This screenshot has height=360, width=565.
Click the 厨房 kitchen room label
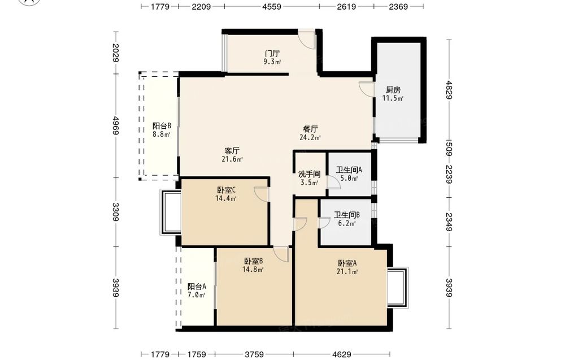click(x=393, y=90)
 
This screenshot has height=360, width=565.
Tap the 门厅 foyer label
click(x=272, y=54)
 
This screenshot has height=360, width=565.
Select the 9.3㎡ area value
click(x=272, y=62)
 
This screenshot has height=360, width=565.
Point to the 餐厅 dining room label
click(x=310, y=129)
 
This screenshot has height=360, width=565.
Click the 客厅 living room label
click(x=232, y=151)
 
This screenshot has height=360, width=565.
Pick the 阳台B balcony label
click(x=162, y=126)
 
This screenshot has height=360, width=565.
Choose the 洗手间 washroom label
click(x=310, y=175)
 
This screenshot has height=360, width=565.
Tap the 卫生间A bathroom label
click(x=349, y=170)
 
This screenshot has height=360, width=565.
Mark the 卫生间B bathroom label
click(x=347, y=215)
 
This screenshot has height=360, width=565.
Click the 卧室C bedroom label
click(x=227, y=190)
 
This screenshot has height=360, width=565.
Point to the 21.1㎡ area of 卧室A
click(x=347, y=272)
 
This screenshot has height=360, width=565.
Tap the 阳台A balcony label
click(x=197, y=287)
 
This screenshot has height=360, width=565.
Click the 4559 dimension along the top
click(x=272, y=6)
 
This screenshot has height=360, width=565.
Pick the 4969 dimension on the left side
click(x=116, y=125)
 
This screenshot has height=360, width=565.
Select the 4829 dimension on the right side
click(x=449, y=90)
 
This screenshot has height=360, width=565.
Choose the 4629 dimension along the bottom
click(x=341, y=354)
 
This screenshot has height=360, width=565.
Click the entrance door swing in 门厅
click(x=307, y=40)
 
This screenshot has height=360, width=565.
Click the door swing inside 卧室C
click(x=261, y=194)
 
